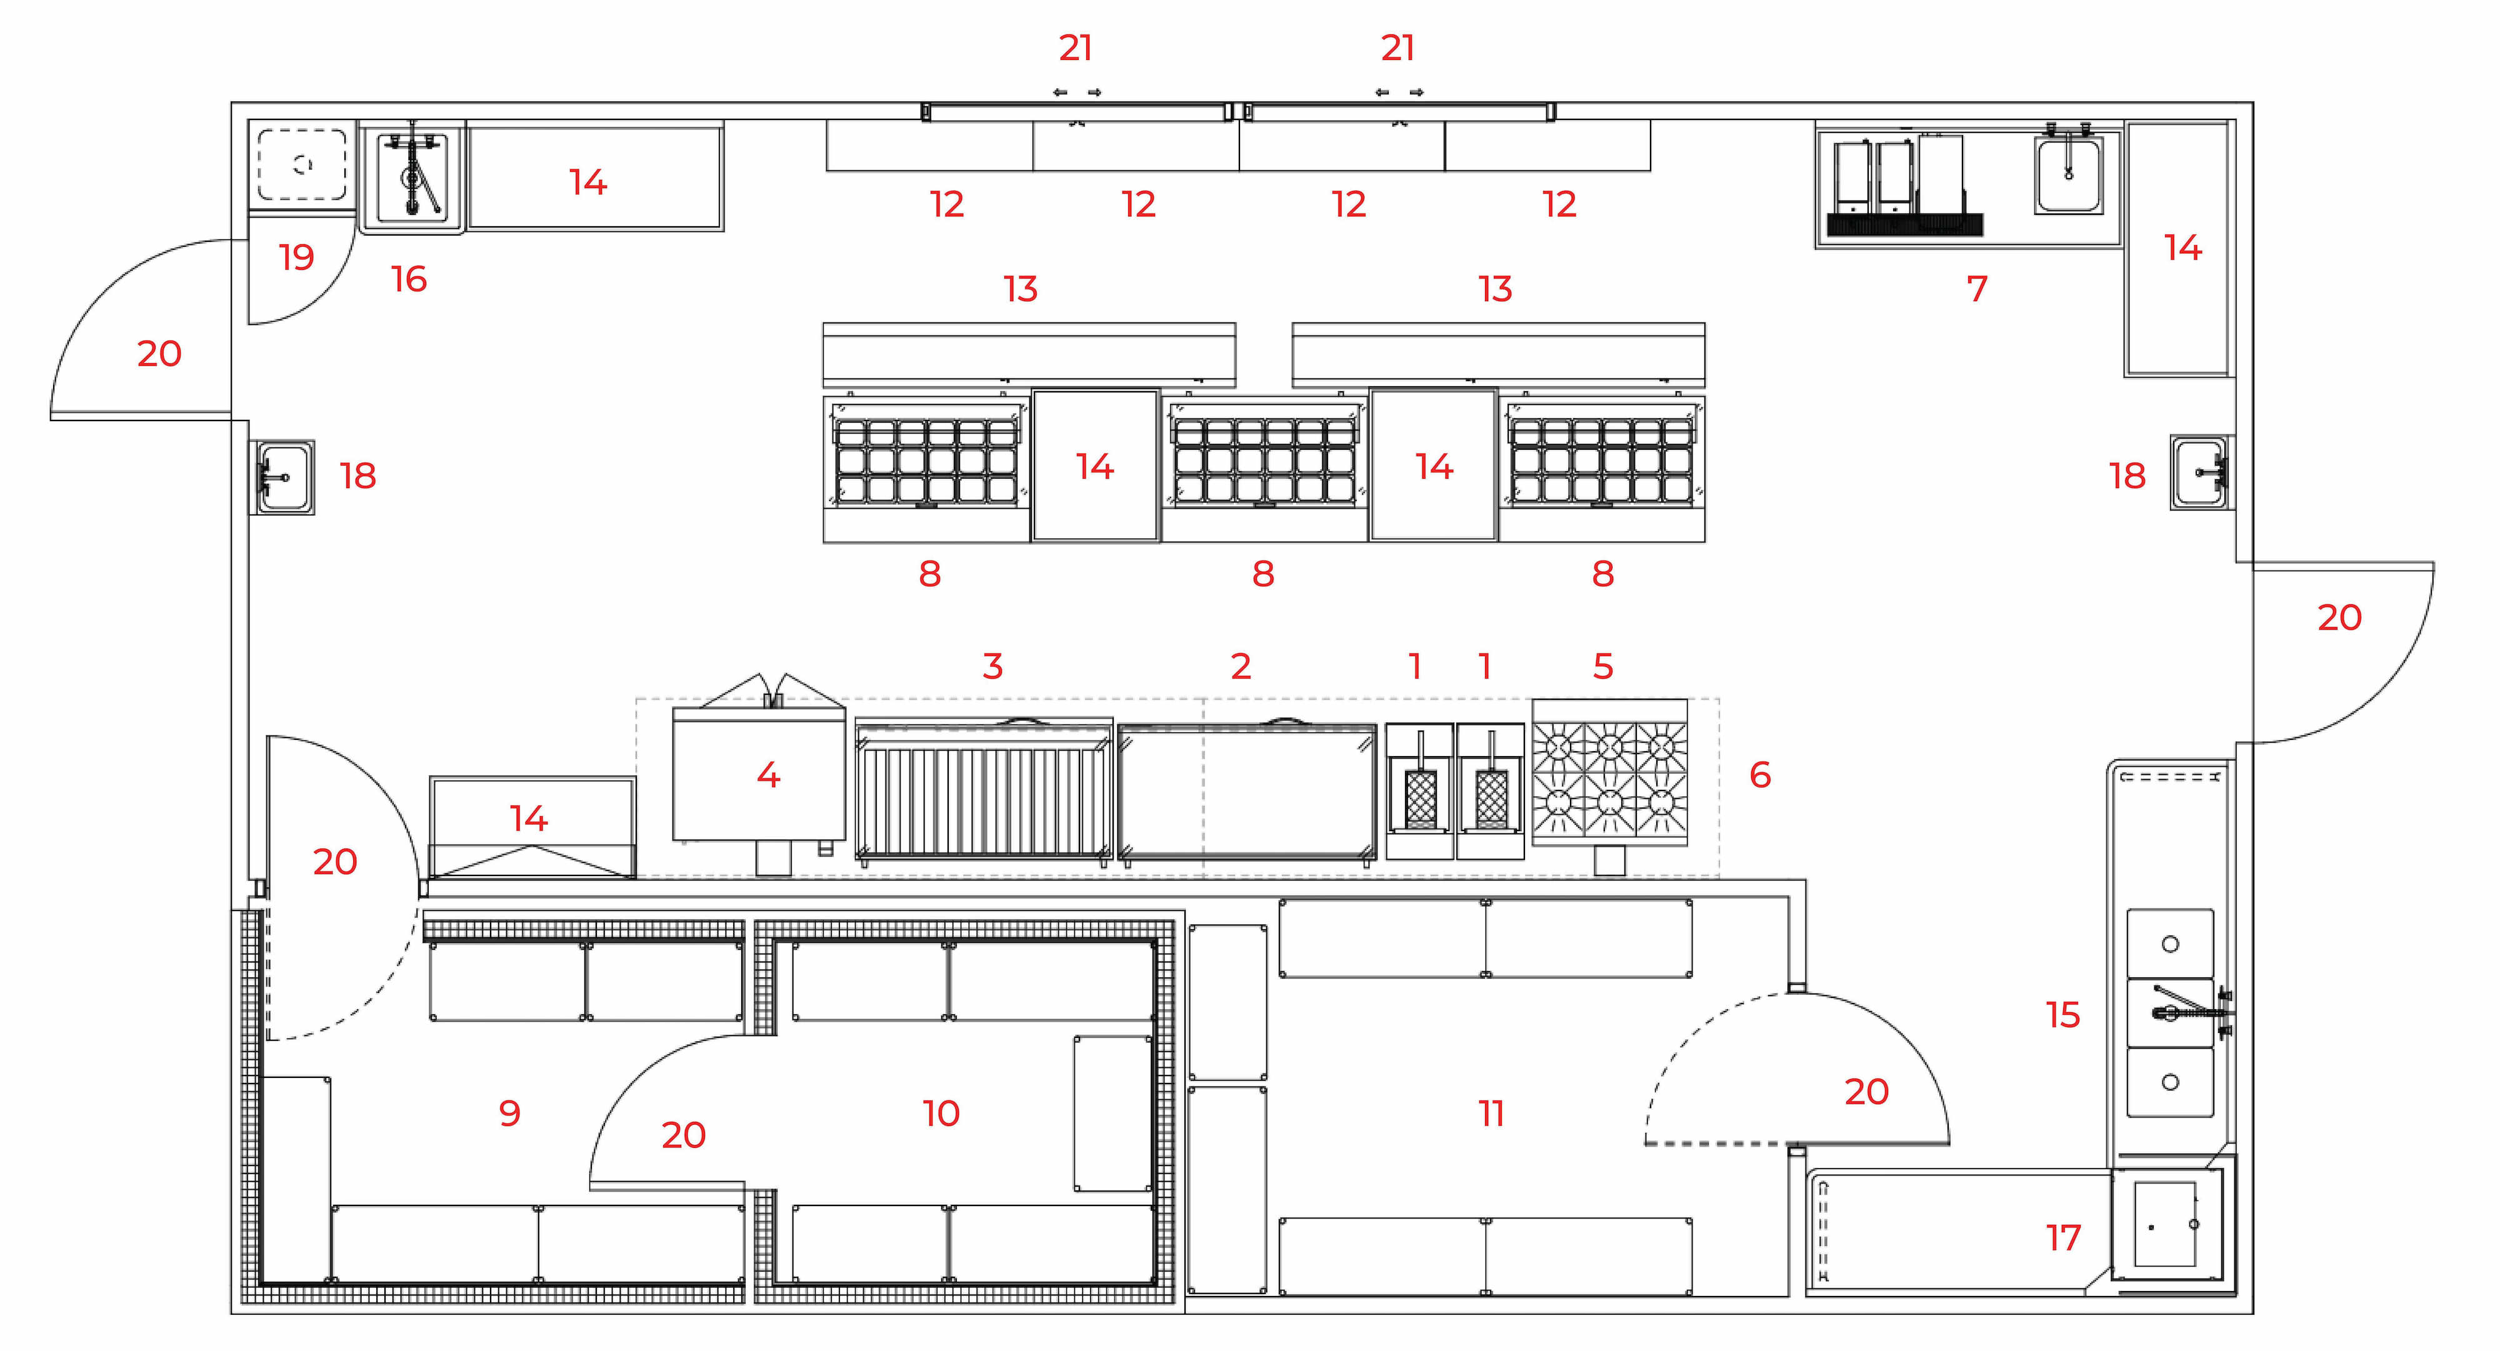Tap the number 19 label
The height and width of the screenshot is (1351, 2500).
pos(296,257)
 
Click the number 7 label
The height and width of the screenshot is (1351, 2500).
pos(1977,288)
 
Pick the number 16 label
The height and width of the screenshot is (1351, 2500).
pos(409,279)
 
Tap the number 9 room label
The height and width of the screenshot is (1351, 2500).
pos(509,1112)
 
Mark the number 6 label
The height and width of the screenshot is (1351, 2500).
pos(1759,774)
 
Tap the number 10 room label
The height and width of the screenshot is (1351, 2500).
pos(941,1112)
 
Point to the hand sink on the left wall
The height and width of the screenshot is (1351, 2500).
pos(282,477)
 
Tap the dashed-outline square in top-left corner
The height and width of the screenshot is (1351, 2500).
pos(302,165)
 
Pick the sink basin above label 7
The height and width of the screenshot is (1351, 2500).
pos(2068,176)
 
